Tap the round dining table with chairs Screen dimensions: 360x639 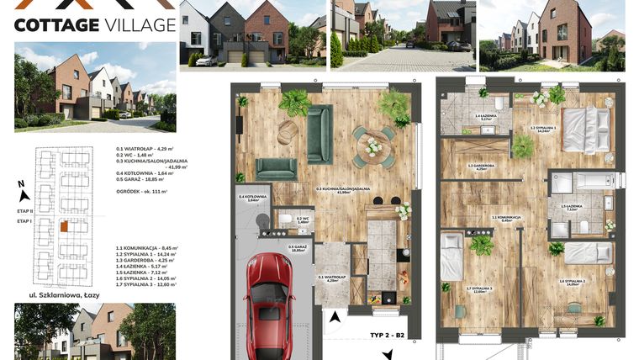(x=373, y=145)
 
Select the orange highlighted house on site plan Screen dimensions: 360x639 (x=64, y=225)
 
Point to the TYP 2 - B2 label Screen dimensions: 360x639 (x=388, y=335)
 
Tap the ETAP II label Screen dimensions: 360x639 (x=24, y=210)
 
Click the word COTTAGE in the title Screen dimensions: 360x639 (x=54, y=24)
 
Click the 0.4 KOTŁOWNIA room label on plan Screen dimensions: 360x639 (x=252, y=199)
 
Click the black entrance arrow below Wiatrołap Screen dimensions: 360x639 (x=338, y=318)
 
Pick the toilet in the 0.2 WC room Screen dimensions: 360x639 (x=287, y=220)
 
